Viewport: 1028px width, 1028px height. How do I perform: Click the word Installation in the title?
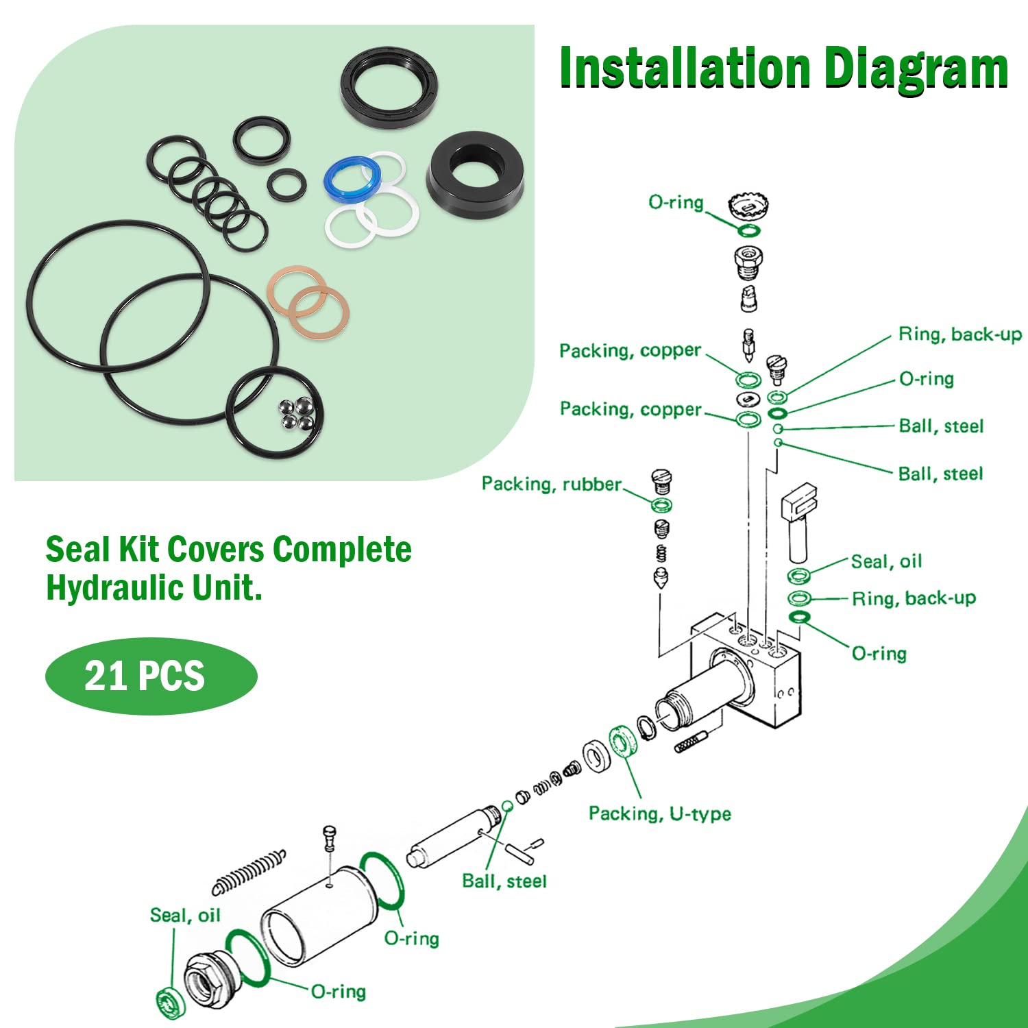[685, 69]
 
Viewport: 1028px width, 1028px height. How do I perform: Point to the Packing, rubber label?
[551, 484]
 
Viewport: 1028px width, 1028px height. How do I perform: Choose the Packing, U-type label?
[659, 813]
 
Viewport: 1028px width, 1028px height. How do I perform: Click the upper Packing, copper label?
[630, 351]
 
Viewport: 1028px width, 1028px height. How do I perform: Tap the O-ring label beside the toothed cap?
[676, 202]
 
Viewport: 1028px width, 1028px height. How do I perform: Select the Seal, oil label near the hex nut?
[185, 916]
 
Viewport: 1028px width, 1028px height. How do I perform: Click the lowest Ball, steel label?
[504, 881]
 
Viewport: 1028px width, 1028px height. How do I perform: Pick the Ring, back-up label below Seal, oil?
[914, 598]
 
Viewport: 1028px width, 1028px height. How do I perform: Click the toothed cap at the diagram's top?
[748, 206]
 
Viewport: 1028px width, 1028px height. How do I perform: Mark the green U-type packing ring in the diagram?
[623, 742]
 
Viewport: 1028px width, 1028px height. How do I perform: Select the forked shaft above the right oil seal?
[798, 521]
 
